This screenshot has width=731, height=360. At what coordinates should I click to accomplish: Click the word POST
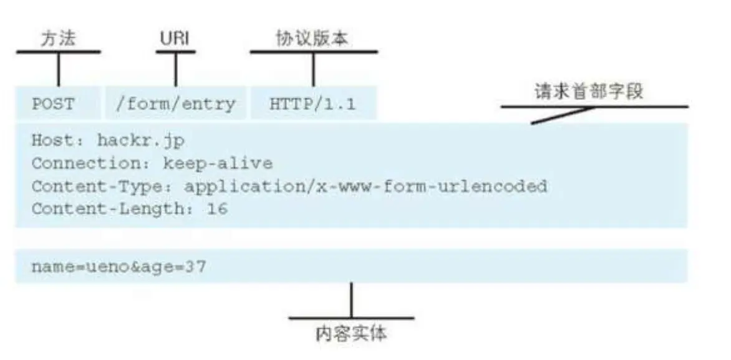(53, 104)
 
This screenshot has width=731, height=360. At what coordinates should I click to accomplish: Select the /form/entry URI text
(175, 104)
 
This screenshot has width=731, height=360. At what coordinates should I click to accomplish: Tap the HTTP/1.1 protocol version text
(312, 104)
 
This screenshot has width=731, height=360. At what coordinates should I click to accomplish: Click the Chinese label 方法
(58, 39)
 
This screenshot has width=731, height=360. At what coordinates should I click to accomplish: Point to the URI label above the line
(175, 39)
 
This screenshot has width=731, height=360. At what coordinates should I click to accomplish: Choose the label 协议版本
(312, 39)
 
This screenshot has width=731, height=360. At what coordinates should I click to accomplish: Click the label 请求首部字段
(589, 92)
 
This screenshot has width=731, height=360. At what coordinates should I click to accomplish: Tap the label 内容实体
(351, 334)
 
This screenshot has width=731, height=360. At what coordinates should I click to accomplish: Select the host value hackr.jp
(141, 141)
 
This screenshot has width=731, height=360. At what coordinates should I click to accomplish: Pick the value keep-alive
(218, 164)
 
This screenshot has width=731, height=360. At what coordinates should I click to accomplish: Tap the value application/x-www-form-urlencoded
(365, 186)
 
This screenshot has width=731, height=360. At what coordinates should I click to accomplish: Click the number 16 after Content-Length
(217, 208)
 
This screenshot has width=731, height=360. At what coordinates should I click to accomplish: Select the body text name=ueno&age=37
(119, 268)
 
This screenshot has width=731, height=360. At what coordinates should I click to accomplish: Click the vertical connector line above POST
(59, 69)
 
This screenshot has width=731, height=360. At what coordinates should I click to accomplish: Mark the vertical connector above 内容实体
(351, 300)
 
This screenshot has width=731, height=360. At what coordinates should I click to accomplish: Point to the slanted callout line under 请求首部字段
(561, 115)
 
